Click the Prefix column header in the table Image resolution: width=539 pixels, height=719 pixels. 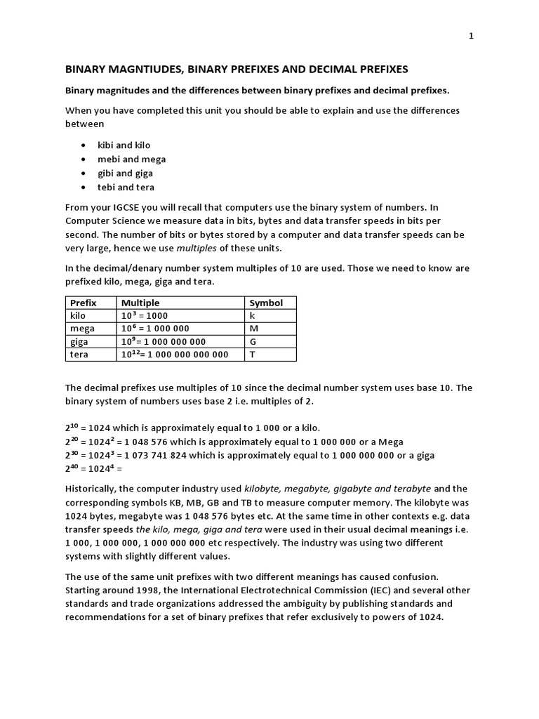[84, 303]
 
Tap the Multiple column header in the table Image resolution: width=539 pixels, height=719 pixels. [140, 303]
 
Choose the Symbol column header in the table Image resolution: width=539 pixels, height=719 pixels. [266, 303]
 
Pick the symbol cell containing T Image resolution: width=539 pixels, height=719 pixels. [252, 355]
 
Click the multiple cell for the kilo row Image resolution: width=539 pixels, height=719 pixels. [145, 316]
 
